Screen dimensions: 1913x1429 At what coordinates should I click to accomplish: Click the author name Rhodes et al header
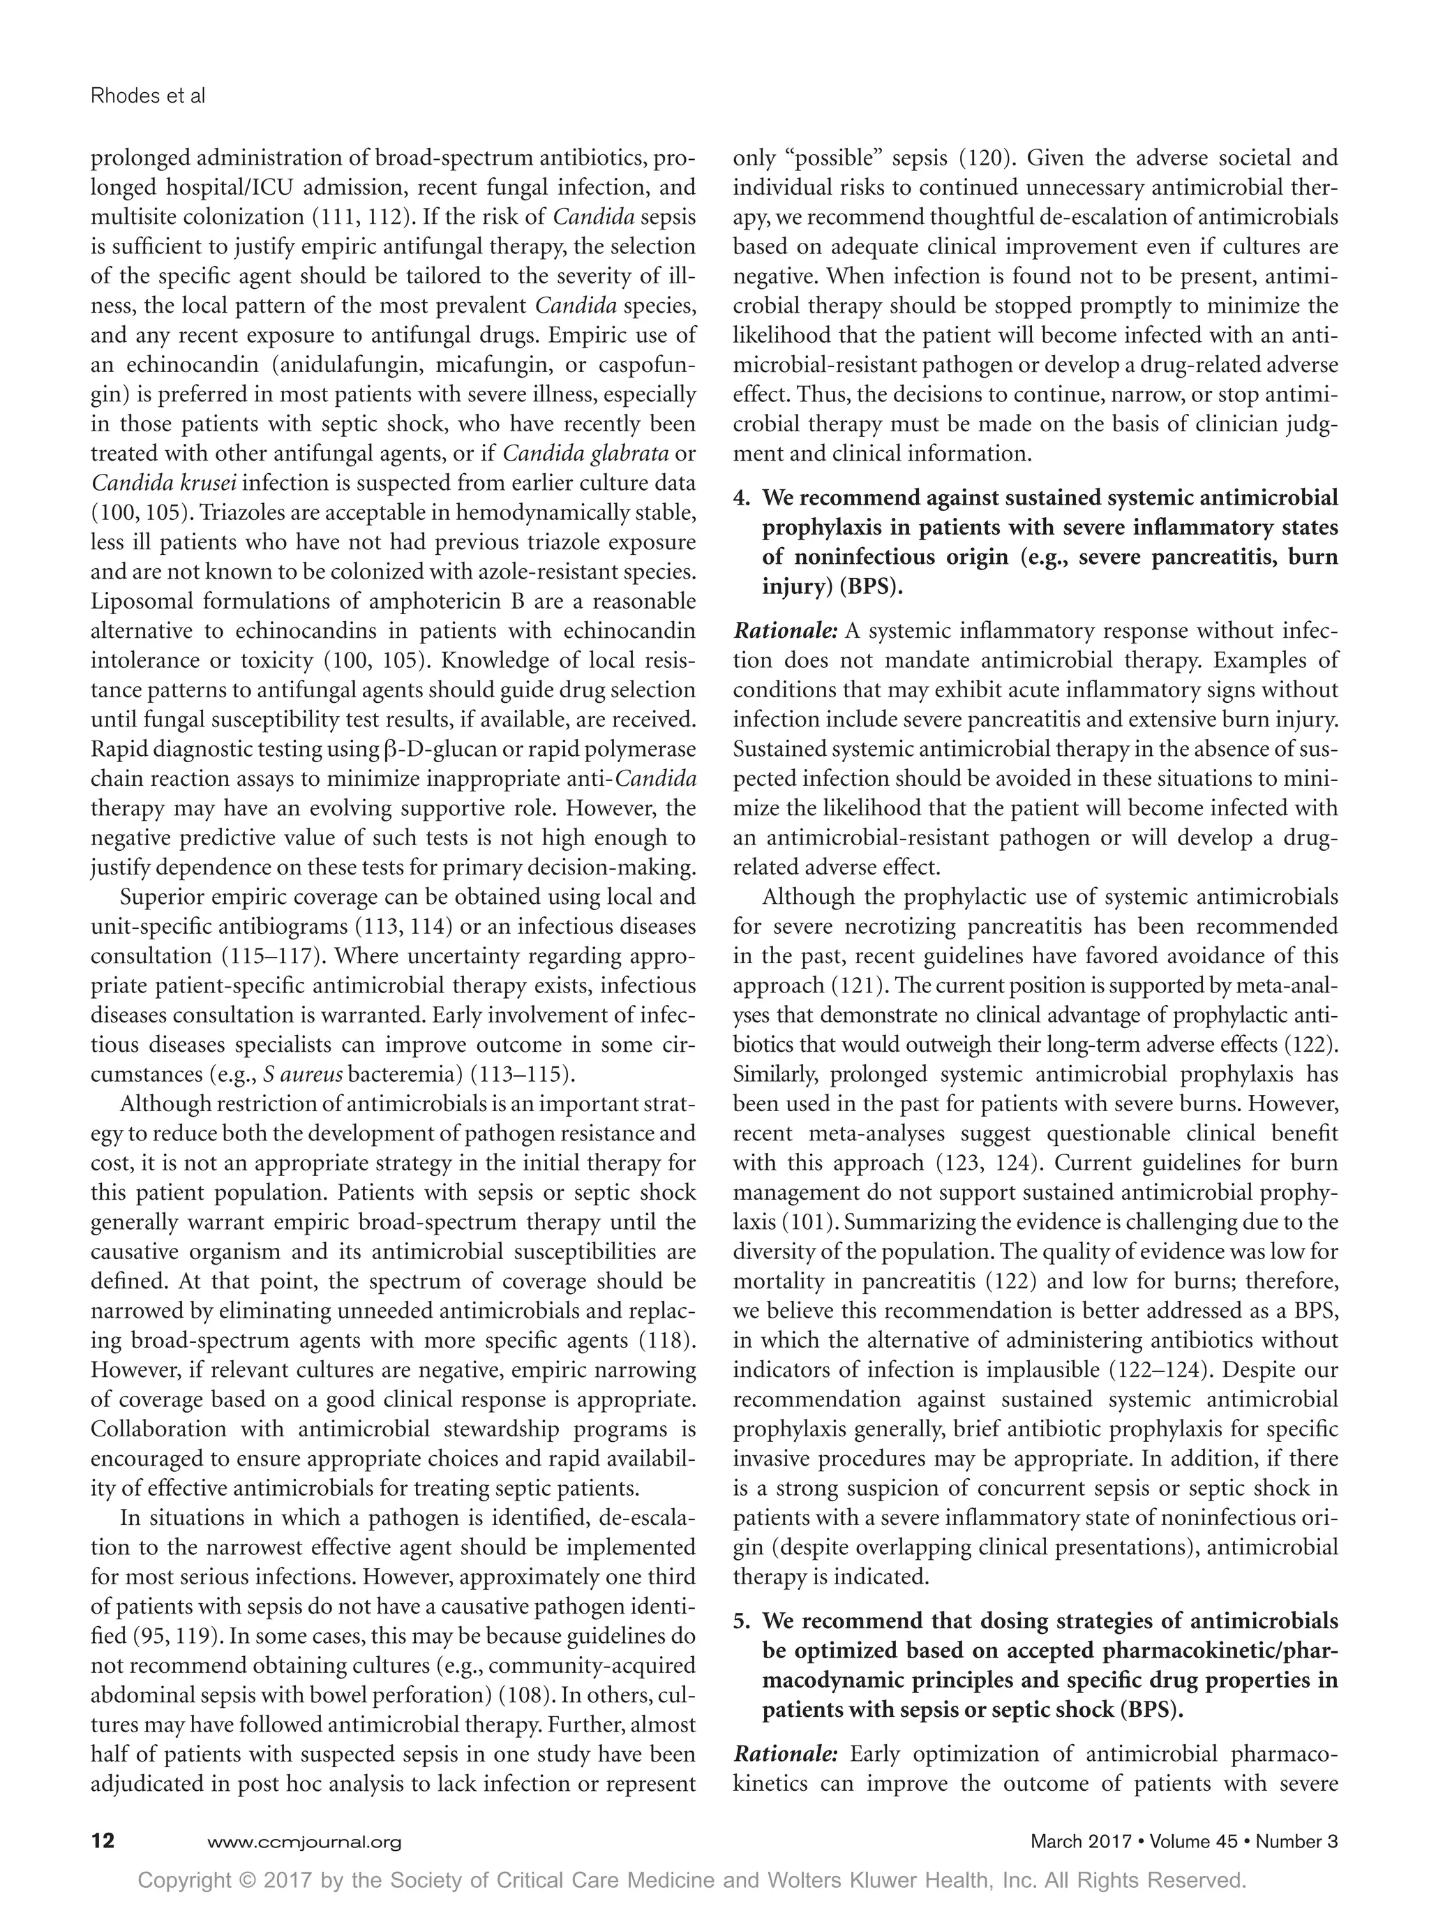tap(148, 96)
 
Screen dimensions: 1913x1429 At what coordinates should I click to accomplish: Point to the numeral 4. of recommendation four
tap(742, 498)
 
